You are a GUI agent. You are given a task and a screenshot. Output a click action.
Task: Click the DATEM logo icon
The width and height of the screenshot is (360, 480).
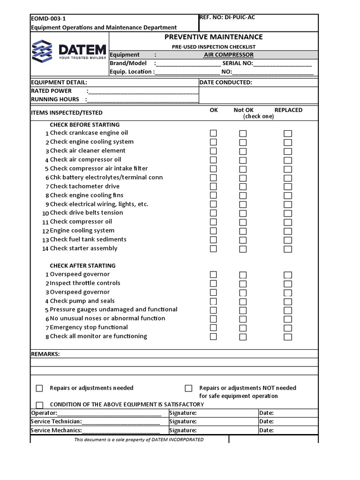[x=42, y=51]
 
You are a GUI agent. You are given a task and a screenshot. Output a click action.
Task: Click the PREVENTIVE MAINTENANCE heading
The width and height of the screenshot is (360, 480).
[x=213, y=37]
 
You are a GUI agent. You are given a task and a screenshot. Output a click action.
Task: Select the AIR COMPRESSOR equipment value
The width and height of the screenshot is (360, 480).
[x=228, y=55]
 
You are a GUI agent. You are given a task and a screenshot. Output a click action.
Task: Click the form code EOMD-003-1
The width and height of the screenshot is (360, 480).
[x=48, y=19]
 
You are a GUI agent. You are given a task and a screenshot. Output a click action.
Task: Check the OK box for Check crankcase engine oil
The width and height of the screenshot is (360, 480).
[x=213, y=133]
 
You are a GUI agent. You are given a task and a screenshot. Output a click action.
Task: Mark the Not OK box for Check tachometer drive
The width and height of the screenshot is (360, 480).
[x=243, y=187]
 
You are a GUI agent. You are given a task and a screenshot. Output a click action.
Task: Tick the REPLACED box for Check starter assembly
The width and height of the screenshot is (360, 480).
[x=288, y=249]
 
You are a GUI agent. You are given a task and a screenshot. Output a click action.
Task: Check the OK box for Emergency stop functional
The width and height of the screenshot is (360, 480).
[x=213, y=328]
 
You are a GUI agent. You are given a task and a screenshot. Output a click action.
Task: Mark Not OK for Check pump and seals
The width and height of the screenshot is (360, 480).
[x=243, y=301]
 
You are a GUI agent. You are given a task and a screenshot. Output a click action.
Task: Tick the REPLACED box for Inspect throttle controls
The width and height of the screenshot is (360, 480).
[x=288, y=284]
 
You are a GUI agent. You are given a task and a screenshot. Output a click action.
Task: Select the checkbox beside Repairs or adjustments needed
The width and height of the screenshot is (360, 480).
[x=40, y=388]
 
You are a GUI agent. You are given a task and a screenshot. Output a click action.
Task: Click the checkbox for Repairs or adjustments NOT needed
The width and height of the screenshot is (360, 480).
[x=188, y=388]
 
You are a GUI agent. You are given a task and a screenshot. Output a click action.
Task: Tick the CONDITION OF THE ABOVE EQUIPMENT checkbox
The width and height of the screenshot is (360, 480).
[x=40, y=405]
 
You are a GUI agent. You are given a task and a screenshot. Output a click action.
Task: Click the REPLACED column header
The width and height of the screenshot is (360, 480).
[x=288, y=110]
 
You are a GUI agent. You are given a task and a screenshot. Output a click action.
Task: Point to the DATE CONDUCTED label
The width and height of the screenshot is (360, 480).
[x=225, y=82]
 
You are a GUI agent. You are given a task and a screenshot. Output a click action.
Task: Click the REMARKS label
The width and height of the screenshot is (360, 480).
[x=45, y=354]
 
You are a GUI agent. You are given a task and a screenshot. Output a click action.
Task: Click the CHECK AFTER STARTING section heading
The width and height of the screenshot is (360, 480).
[x=82, y=266]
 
